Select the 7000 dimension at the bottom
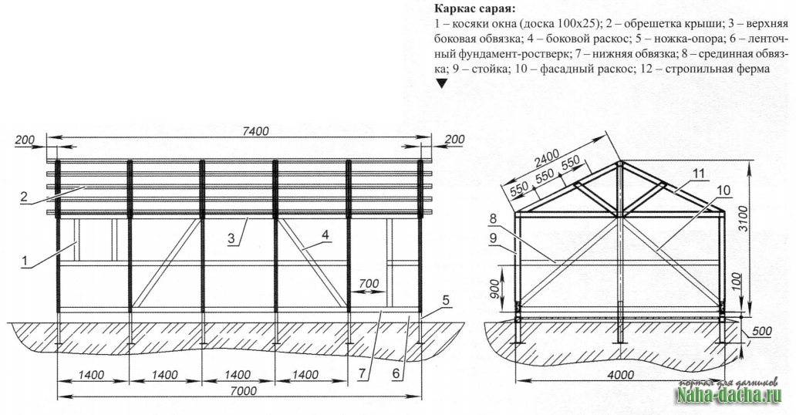pyautogui.click(x=244, y=391)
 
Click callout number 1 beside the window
pyautogui.click(x=25, y=262)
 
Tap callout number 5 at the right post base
pyautogui.click(x=447, y=297)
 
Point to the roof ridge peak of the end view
pyautogui.click(x=620, y=164)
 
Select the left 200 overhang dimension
pyautogui.click(x=23, y=139)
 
